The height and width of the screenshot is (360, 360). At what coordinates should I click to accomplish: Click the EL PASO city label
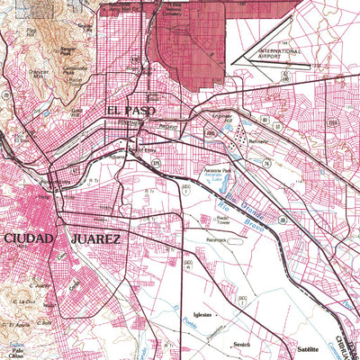[130, 111]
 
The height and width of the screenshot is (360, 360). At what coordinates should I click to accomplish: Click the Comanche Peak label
[76, 69]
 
